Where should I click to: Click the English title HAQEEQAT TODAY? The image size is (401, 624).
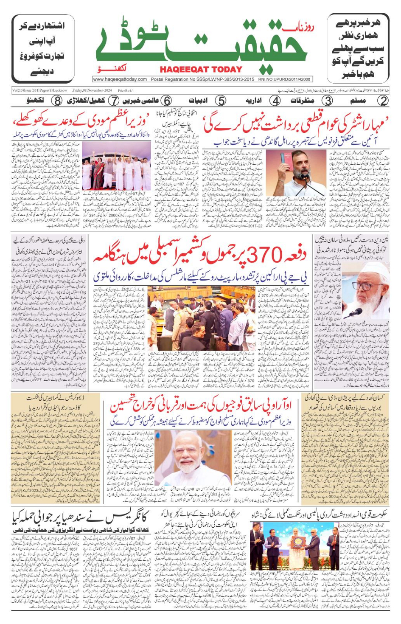[x=201, y=70]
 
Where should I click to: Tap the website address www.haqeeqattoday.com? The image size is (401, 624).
[x=120, y=79]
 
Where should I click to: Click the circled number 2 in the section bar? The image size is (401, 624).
[x=384, y=101]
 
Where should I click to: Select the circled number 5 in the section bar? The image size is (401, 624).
[x=221, y=101]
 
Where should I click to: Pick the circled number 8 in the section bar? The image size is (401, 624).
[x=57, y=101]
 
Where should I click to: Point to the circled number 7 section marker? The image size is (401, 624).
[x=113, y=101]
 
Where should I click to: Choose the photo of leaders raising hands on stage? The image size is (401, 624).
[x=117, y=166]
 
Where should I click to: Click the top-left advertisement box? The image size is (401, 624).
[x=43, y=48]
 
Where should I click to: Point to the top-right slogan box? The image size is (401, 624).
[x=358, y=48]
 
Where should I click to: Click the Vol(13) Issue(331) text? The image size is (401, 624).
[x=39, y=90]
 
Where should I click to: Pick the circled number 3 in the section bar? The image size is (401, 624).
[x=327, y=101]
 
